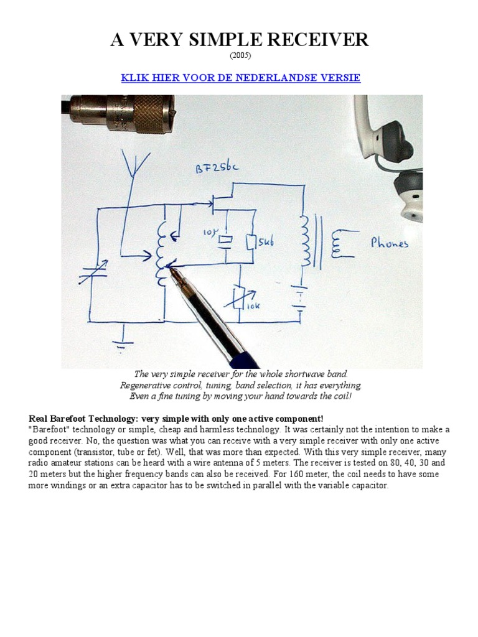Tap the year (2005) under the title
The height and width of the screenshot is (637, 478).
click(240, 57)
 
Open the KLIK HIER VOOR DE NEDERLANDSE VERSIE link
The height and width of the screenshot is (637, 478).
click(240, 78)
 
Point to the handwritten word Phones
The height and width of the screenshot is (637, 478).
click(390, 243)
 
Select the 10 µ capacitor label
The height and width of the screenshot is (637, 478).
click(209, 234)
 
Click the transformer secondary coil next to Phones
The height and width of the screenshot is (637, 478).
click(337, 243)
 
